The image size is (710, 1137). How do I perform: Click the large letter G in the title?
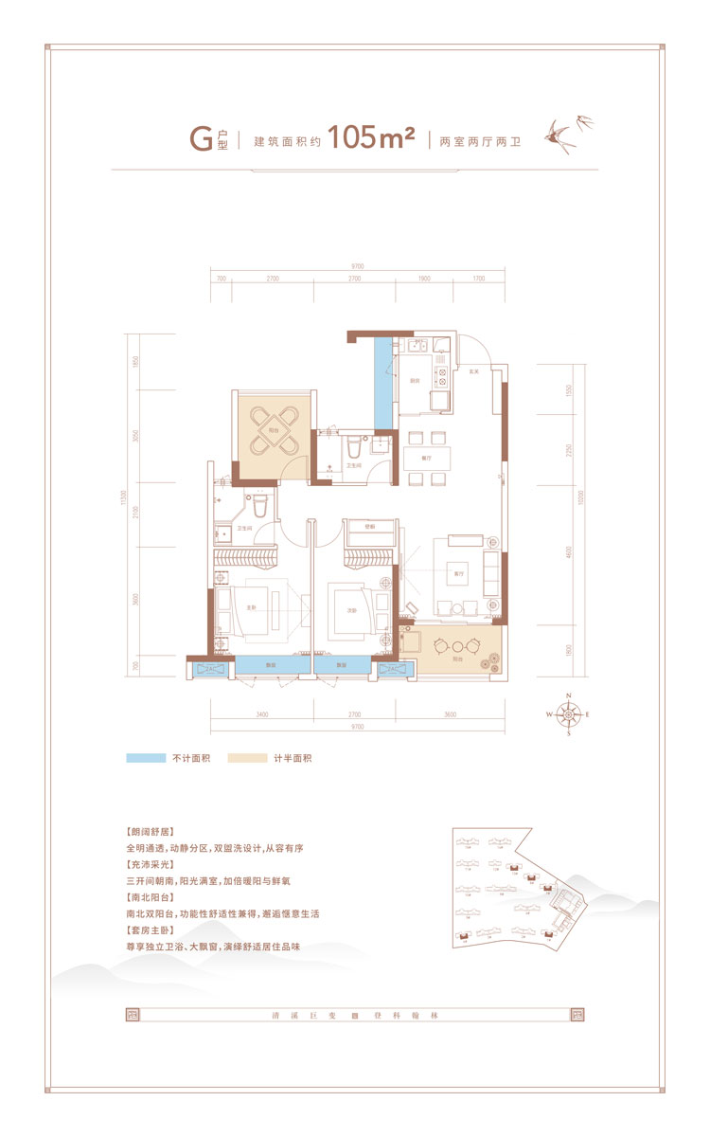201,139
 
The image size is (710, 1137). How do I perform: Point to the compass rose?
568,714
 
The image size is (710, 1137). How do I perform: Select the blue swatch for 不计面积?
144,758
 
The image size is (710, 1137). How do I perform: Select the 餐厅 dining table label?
425,458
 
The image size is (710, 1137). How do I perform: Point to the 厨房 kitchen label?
414,381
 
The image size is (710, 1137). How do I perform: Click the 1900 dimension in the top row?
423,280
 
